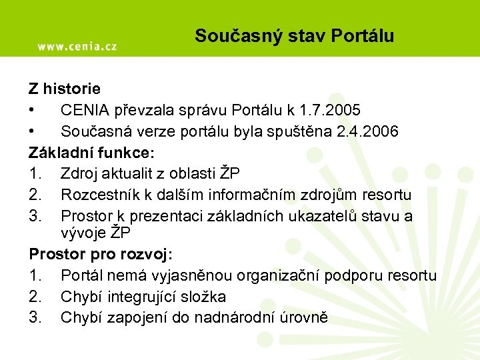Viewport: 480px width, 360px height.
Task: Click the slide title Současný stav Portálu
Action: (x=294, y=36)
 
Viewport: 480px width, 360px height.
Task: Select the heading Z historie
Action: (x=65, y=87)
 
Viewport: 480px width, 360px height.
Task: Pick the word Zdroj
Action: (x=78, y=173)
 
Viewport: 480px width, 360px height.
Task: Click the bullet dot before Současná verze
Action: (x=32, y=131)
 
